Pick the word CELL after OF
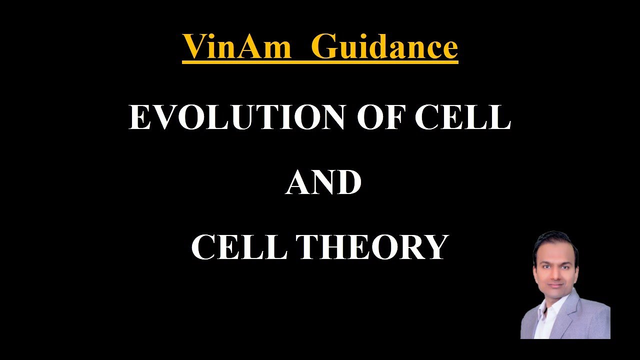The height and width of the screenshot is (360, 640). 462,118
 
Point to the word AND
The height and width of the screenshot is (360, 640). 323,182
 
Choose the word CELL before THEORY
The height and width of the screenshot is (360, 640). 239,247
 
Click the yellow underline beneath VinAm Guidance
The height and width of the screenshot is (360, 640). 320,62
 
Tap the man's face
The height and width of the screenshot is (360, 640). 552,270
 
